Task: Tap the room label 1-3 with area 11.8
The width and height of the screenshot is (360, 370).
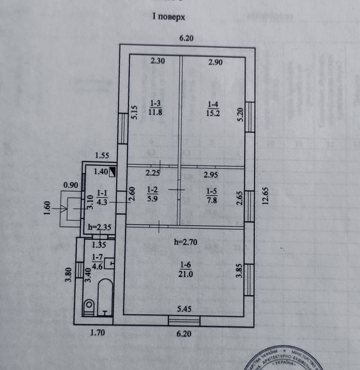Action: coord(156,107)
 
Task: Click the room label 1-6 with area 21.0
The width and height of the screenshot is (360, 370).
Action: coord(184,269)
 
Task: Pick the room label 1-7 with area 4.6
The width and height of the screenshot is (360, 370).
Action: coord(98,263)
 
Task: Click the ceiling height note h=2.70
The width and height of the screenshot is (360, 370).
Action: coord(186,242)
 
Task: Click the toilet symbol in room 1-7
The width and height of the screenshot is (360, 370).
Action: coord(89,305)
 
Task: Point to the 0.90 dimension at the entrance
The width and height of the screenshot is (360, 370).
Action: coord(70,185)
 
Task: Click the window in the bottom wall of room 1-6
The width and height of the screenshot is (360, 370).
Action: coord(184,319)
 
